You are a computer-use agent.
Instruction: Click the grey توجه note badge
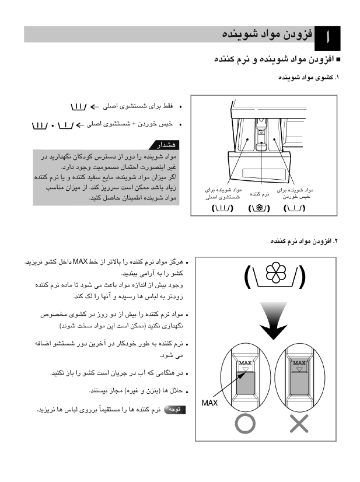click(174, 410)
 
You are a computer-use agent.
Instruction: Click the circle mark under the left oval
click(245, 423)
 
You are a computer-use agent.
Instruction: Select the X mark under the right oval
click(299, 423)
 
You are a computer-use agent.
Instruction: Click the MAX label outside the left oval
click(209, 403)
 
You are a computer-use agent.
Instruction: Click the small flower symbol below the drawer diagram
click(259, 208)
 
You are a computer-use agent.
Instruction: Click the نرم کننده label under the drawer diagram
click(260, 194)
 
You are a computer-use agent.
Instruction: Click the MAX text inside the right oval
click(299, 362)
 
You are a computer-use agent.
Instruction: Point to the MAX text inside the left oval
click(245, 362)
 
